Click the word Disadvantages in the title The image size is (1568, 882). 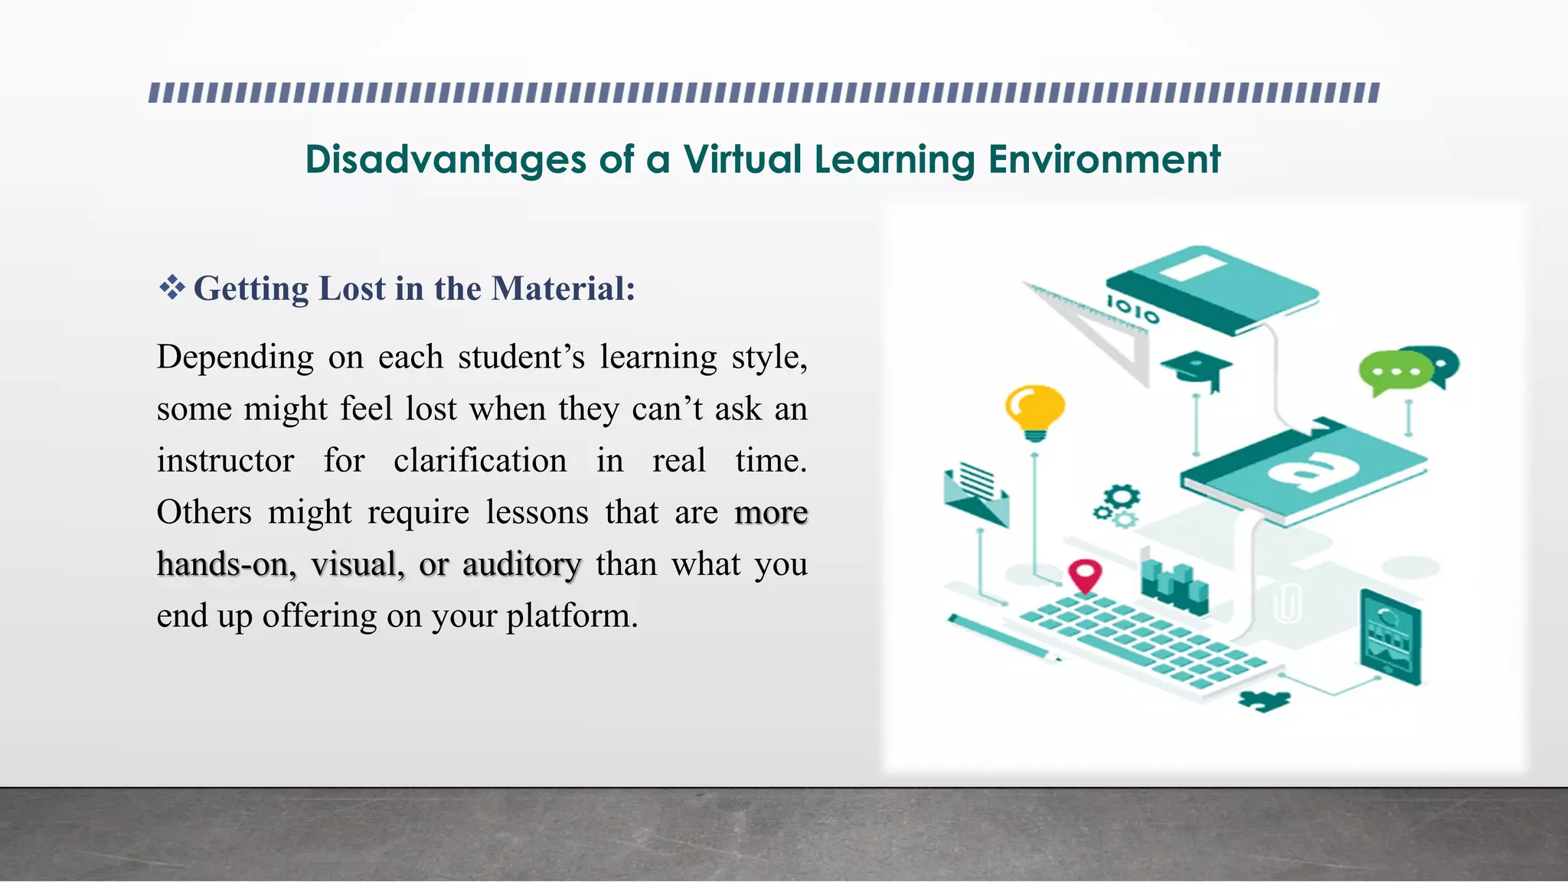point(446,159)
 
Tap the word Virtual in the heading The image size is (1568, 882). point(742,159)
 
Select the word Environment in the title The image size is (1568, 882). point(1104,159)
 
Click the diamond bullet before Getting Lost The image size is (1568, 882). point(171,289)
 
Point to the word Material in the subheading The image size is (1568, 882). point(563,289)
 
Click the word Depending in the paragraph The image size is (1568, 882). point(235,358)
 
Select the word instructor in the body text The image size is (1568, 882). point(225,461)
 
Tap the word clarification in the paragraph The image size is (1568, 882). point(480,461)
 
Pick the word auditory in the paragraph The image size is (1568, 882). point(521,564)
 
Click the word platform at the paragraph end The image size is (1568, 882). point(571,616)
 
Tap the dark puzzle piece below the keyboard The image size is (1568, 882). point(1263,699)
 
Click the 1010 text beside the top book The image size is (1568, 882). point(1132,309)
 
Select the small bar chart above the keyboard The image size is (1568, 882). point(1174,586)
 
